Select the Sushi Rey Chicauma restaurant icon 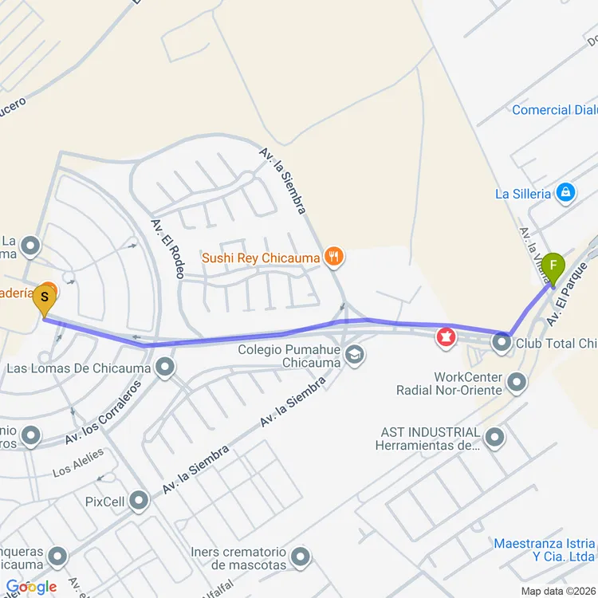(x=334, y=257)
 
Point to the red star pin (x=445, y=338)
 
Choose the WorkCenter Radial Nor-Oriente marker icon (x=517, y=384)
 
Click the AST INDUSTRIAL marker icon (x=495, y=437)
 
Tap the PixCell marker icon (x=140, y=502)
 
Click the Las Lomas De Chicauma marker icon (x=166, y=368)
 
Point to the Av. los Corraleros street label (x=104, y=412)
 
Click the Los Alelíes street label (x=78, y=462)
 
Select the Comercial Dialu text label (x=554, y=110)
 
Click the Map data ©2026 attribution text (x=558, y=591)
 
